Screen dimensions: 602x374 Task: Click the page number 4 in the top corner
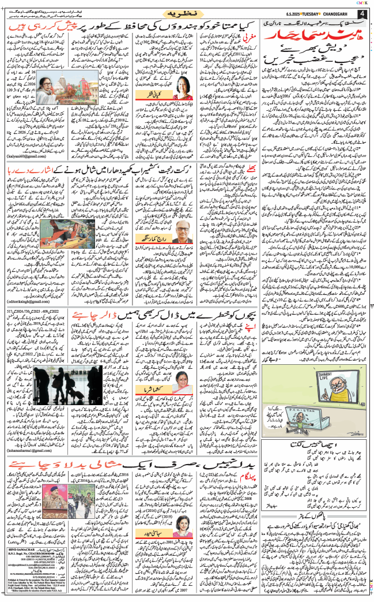[362, 16]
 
